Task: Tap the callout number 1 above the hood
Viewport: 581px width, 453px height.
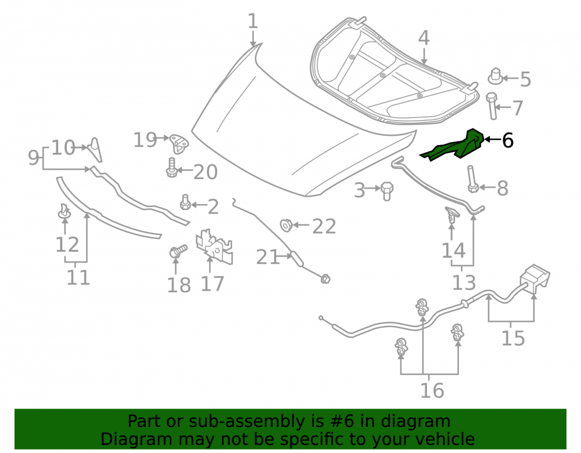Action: point(253,21)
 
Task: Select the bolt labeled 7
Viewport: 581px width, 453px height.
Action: point(492,106)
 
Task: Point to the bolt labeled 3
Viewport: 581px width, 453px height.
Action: point(386,191)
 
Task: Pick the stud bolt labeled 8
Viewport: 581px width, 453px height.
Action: point(472,179)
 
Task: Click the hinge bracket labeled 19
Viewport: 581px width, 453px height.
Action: point(178,144)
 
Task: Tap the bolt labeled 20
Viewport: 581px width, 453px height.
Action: point(171,168)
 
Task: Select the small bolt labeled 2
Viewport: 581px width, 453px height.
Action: point(185,202)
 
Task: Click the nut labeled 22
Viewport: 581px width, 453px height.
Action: point(286,225)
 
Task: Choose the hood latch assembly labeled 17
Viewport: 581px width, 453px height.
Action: point(214,246)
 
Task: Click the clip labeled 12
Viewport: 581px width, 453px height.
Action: point(64,211)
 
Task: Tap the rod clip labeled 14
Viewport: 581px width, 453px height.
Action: point(451,215)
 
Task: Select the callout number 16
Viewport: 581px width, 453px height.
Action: point(432,391)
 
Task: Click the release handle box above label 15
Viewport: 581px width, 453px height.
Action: point(536,278)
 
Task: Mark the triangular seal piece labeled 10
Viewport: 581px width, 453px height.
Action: point(96,150)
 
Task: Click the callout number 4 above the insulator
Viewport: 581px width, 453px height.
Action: point(424,38)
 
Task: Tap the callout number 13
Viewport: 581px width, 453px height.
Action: point(464,282)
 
